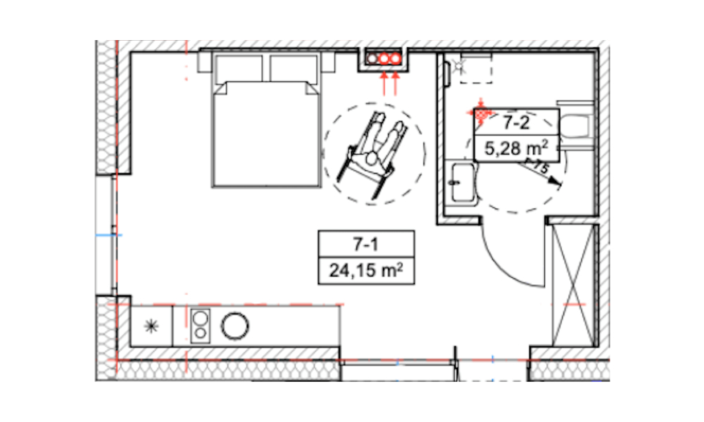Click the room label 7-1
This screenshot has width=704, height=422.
[365, 245]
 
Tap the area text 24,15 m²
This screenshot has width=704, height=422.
[366, 270]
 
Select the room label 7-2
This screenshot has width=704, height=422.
[516, 122]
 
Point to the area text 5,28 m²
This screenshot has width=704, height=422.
[516, 148]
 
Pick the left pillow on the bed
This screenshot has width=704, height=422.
[239, 69]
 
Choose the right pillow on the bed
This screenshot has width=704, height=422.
[294, 69]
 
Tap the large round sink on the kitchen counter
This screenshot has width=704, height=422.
[235, 326]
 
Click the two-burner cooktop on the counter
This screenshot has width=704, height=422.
[200, 326]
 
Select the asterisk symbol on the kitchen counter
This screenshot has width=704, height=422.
[151, 326]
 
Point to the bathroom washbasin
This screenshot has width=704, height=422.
[463, 182]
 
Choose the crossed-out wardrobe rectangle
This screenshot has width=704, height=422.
[573, 286]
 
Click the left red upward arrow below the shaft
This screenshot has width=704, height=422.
[384, 84]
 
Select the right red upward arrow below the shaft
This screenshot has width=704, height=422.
[396, 84]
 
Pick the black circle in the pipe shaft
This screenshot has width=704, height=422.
[372, 58]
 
